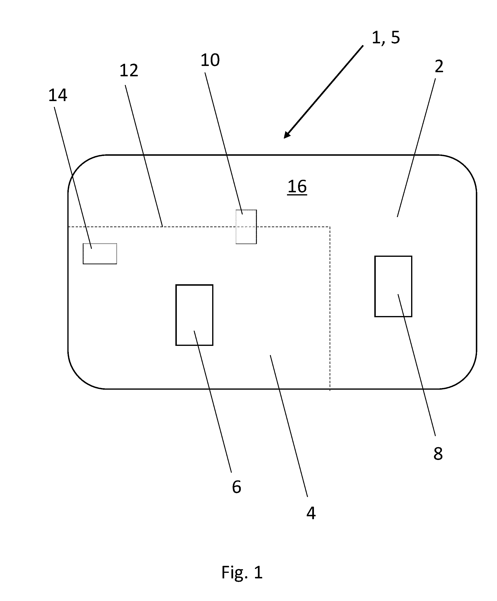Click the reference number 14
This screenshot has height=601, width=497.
coord(58,95)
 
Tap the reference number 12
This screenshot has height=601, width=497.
coord(129,71)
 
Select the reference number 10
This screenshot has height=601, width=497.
coord(210,60)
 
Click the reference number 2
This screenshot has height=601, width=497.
coord(439,66)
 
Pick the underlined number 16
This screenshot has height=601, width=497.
coord(297,187)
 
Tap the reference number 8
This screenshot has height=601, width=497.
coord(438,454)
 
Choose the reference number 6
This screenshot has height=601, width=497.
coord(236,487)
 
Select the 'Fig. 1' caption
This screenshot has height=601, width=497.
coord(242,572)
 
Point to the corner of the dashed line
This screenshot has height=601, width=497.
coord(330,227)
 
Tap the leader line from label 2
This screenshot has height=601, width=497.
coord(416,148)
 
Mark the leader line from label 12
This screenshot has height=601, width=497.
coord(144,156)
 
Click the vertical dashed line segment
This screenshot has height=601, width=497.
coord(330,309)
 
